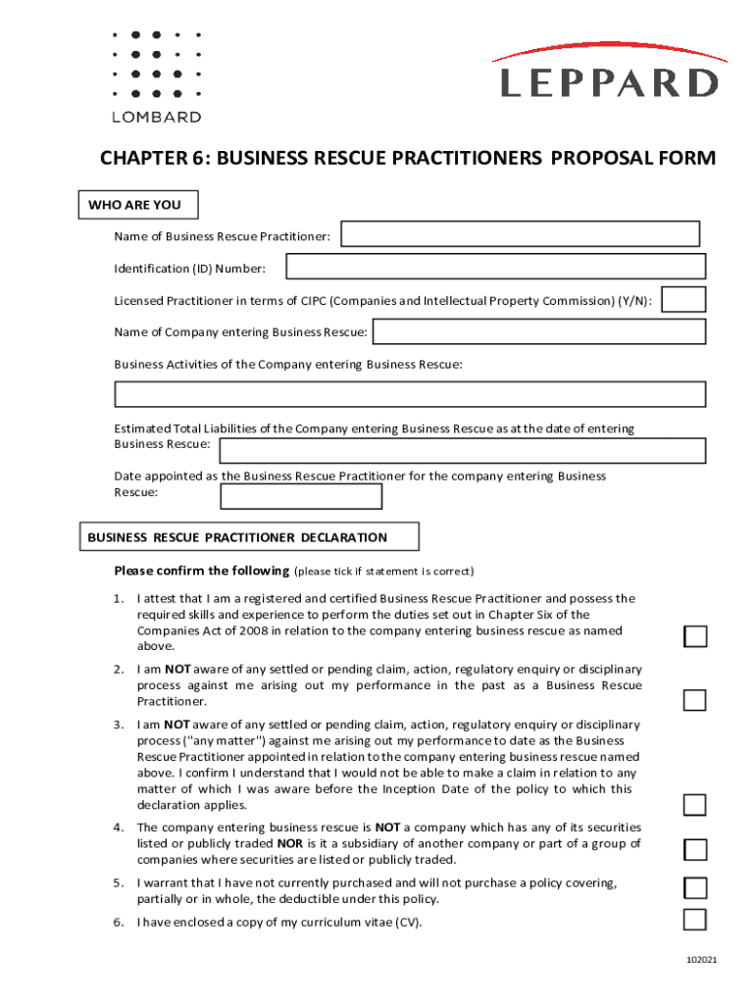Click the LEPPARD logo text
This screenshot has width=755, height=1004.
coord(609,82)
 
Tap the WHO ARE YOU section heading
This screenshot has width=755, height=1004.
coord(134,205)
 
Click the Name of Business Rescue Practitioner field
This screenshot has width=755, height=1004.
coord(520,234)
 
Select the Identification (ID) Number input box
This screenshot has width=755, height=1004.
coord(495,267)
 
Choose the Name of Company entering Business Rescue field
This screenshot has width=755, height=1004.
coord(539,332)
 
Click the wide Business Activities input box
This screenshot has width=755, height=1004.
coord(410,394)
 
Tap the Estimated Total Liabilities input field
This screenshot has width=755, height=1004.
coord(462,450)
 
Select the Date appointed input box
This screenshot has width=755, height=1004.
coord(301,497)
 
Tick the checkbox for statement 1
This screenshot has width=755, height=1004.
coord(695,637)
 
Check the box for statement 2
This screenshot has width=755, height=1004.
coord(695,700)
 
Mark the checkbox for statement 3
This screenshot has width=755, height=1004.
coord(695,805)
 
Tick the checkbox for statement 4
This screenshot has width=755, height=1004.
coord(695,849)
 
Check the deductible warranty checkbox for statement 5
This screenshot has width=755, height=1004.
coord(695,888)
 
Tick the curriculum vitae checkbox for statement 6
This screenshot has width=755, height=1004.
coord(695,920)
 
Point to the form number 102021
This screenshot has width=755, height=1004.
coord(702,959)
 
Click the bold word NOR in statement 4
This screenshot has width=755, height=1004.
coord(289,844)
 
